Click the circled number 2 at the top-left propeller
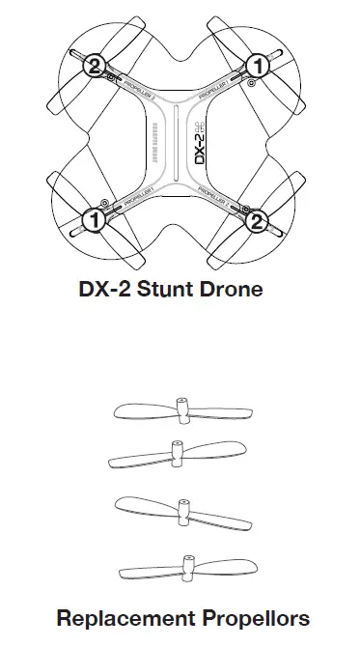point(95,66)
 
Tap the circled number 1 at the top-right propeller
point(258,66)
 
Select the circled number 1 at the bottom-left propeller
point(95,221)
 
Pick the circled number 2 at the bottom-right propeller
point(258,221)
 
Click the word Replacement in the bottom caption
point(118,617)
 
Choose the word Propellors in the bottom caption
point(249,617)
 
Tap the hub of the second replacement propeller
point(176,452)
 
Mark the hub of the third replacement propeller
point(180,505)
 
